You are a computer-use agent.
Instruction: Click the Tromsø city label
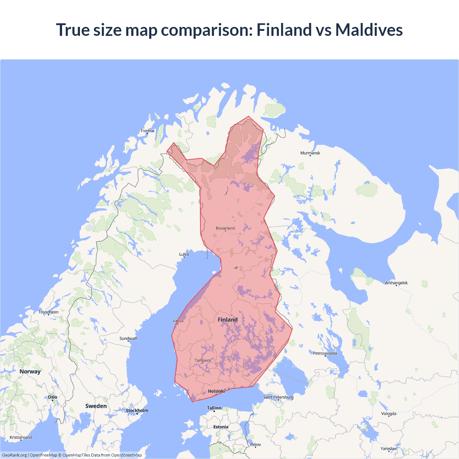coord(147,131)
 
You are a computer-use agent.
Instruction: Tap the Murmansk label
coord(310,153)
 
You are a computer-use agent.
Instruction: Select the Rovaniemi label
coord(225,228)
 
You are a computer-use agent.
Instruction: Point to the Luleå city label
coord(184,254)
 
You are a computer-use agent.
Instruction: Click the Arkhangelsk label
coord(396,283)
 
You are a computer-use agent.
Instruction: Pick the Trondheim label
coord(48,312)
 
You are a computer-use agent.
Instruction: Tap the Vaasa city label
coord(178,321)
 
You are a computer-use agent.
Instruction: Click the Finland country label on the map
coord(228,320)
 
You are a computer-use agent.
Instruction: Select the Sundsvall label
coord(128,339)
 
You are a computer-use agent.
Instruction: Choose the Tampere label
coord(203,360)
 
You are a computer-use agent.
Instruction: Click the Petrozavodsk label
coord(325,353)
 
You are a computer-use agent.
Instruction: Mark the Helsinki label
coord(216,391)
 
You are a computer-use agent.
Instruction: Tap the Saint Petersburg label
coord(278,397)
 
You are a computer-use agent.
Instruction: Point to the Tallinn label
coord(214,408)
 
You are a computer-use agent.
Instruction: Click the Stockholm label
coord(137,411)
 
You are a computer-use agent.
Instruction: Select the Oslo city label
coord(52,397)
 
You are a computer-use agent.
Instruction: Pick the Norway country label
coord(30,372)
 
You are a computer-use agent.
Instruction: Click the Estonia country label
coord(221,427)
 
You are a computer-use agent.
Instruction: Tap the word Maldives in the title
coord(369,30)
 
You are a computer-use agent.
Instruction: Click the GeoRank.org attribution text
coord(14,455)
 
